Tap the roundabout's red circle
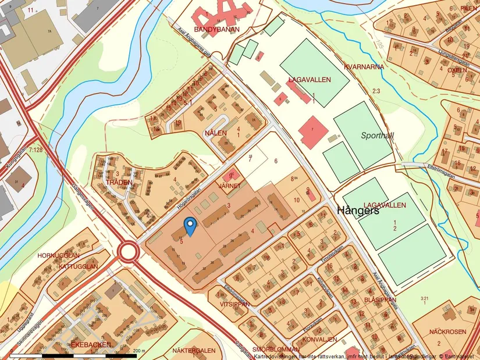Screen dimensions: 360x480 (127, 251)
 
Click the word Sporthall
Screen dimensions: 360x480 (377, 135)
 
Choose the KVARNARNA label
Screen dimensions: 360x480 (364, 67)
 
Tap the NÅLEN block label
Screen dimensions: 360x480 (215, 133)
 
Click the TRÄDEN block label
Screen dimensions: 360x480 (119, 182)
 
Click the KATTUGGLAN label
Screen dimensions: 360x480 (78, 266)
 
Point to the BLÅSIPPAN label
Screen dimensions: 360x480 (379, 300)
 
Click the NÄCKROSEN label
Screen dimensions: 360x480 (447, 332)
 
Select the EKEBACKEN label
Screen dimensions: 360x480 (90, 344)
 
